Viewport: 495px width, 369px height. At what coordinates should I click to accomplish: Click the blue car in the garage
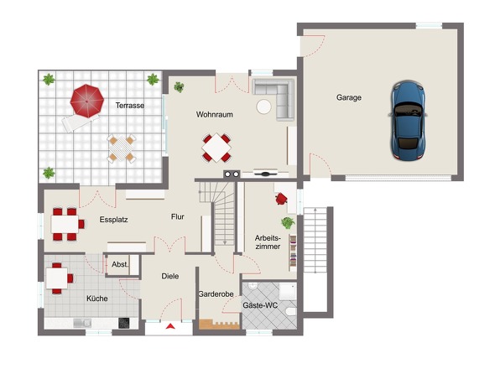click(408, 120)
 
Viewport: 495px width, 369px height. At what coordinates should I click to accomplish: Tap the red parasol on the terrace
click(86, 101)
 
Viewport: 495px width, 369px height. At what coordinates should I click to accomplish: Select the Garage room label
click(348, 97)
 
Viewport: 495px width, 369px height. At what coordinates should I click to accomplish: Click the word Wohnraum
click(214, 114)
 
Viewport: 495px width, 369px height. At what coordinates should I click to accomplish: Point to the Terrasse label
click(130, 106)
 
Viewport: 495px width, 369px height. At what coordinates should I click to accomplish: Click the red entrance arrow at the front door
click(170, 326)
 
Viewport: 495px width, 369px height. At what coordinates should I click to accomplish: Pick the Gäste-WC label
click(260, 305)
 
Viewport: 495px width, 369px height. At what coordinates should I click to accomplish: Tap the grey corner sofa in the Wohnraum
click(274, 98)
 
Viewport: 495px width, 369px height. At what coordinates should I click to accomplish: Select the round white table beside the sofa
click(264, 107)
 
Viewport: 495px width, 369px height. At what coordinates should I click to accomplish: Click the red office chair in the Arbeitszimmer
click(281, 199)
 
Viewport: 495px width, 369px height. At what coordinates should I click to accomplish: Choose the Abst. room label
click(120, 264)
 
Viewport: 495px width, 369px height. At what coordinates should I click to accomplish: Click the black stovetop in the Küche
click(124, 323)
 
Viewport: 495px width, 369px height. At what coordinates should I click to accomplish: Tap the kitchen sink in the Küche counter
click(82, 323)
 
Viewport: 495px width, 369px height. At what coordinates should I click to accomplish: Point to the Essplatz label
click(113, 220)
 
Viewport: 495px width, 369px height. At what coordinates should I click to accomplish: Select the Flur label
click(177, 216)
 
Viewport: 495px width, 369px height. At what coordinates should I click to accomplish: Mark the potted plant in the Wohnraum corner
click(179, 87)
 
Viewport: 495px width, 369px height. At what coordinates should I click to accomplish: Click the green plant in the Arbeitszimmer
click(288, 223)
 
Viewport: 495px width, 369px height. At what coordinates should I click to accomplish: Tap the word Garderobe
click(216, 294)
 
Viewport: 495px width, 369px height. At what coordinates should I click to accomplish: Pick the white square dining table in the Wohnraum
click(216, 148)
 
